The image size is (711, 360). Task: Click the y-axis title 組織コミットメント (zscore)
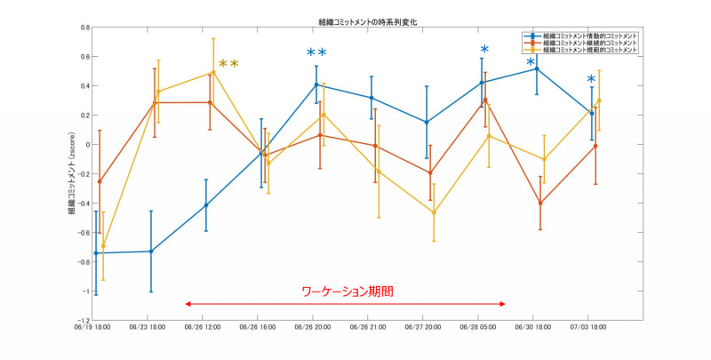point(71,172)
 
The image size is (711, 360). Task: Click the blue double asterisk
point(316,54)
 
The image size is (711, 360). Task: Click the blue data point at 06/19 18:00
point(96,253)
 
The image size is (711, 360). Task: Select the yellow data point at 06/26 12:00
point(213,73)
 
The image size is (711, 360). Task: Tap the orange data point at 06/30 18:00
point(539,203)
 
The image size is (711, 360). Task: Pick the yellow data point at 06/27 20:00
point(434,212)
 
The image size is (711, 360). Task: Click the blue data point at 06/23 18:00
point(151,252)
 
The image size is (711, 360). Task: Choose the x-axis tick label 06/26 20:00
point(315,327)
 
